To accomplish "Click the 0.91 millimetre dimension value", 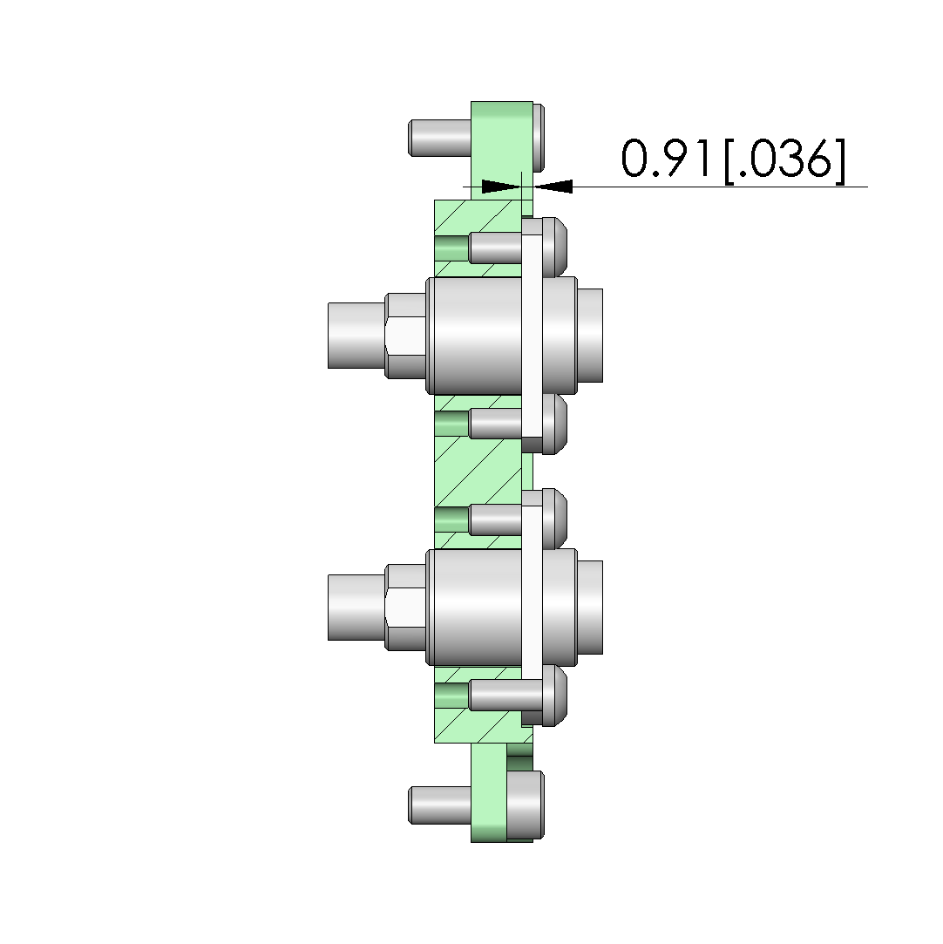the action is pyautogui.click(x=664, y=159).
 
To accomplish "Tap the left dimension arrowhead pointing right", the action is pyautogui.click(x=501, y=187).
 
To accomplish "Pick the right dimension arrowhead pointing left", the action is pyautogui.click(x=553, y=187).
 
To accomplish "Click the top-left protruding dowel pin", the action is pyautogui.click(x=439, y=138).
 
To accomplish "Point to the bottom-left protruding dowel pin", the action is pyautogui.click(x=439, y=805).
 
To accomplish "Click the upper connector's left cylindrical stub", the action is pyautogui.click(x=356, y=336).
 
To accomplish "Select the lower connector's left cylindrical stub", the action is pyautogui.click(x=356, y=608).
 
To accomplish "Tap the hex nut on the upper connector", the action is pyautogui.click(x=405, y=336).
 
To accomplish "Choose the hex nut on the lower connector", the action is pyautogui.click(x=405, y=608).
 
